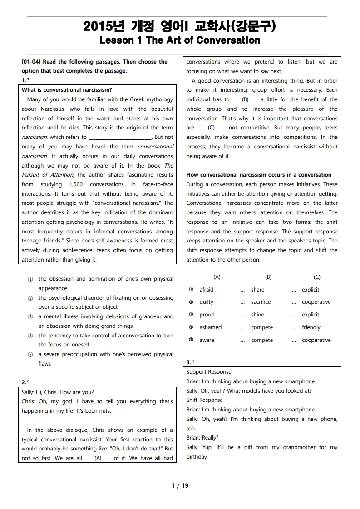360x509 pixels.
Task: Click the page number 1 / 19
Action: tap(180, 485)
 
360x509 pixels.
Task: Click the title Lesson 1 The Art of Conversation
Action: tap(180, 40)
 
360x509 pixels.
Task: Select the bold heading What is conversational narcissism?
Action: tap(67, 90)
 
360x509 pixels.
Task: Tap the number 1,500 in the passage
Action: tap(76, 184)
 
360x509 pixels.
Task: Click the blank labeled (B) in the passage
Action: tap(245, 99)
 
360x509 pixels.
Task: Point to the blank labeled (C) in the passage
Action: tap(211, 128)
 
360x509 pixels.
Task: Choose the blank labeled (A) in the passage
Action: tap(98, 458)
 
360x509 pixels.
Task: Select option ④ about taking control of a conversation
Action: tap(105, 340)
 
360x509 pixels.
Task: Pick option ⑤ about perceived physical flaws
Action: tap(105, 359)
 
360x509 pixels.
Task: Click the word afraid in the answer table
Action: tap(207, 290)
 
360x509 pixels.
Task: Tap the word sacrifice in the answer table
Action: tap(261, 302)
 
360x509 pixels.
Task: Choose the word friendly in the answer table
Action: tap(311, 327)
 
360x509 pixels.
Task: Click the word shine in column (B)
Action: tap(257, 315)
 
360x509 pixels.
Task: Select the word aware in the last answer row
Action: tap(207, 340)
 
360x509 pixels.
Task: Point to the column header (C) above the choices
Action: tap(317, 277)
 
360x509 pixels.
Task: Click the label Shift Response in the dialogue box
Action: tap(205, 400)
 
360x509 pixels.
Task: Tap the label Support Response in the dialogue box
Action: tap(209, 372)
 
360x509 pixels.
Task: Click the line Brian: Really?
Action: tap(202, 438)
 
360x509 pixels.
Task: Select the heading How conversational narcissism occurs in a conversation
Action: tap(259, 175)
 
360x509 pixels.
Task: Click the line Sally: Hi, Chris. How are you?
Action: tap(58, 392)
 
